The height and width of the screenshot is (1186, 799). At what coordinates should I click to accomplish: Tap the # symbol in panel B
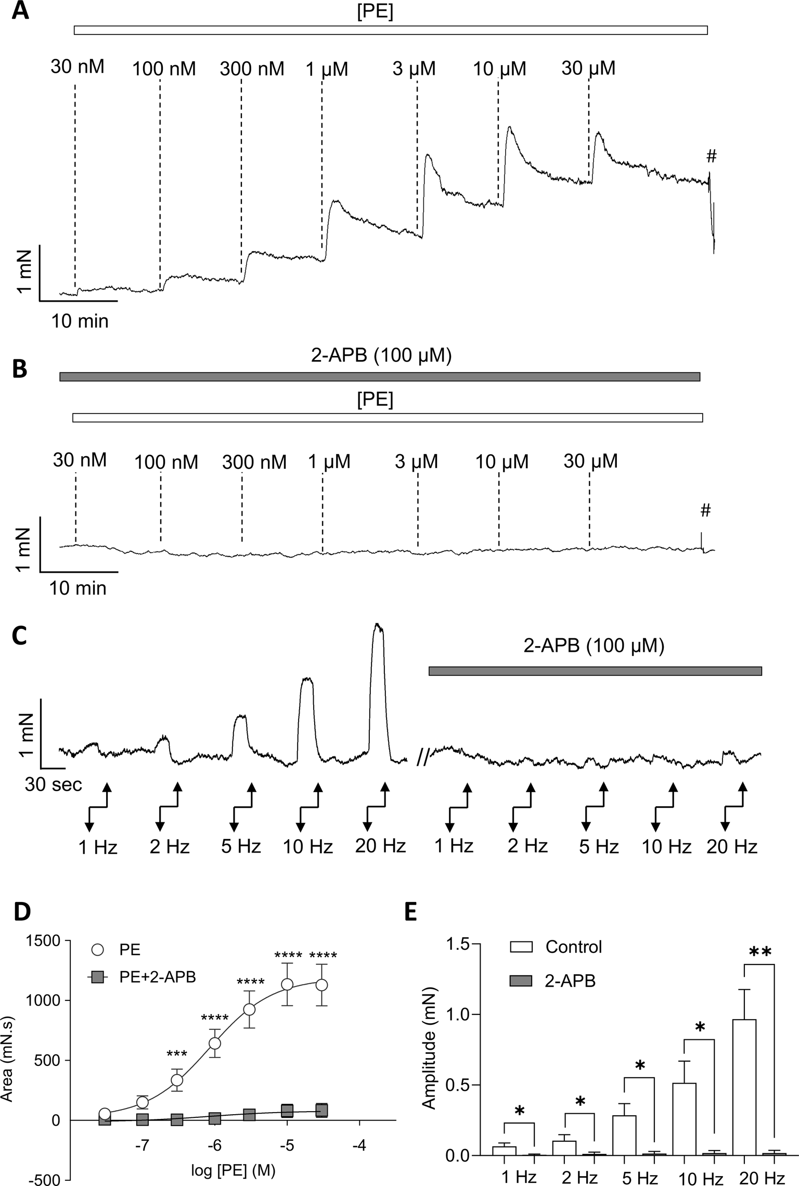(705, 510)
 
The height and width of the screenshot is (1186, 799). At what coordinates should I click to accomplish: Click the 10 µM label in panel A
(499, 69)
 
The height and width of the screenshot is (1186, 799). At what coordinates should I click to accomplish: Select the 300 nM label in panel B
(254, 462)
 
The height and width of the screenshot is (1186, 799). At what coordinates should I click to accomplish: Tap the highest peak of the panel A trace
(510, 127)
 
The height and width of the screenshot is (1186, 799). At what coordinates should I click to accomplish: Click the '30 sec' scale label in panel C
(53, 784)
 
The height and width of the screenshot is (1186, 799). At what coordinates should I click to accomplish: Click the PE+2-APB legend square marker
(97, 977)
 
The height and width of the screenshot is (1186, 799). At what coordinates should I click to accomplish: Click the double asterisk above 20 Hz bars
(759, 952)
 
